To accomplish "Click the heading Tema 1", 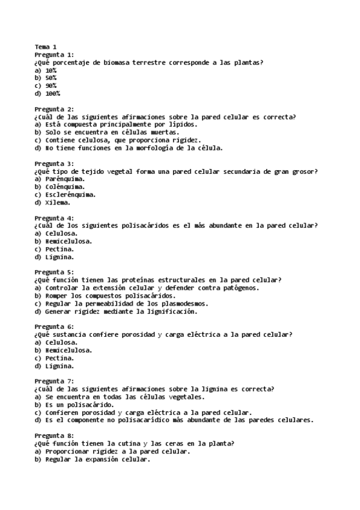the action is [x=45, y=47].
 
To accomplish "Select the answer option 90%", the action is [x=50, y=85].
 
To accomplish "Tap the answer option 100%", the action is [x=52, y=93].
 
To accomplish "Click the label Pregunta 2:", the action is [x=54, y=109].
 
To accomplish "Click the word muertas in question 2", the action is [x=163, y=132].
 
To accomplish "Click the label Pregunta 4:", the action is [x=54, y=218].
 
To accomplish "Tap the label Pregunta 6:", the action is [x=54, y=327].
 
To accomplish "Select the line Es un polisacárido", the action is [x=79, y=405].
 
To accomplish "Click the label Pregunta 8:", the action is [x=54, y=435].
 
